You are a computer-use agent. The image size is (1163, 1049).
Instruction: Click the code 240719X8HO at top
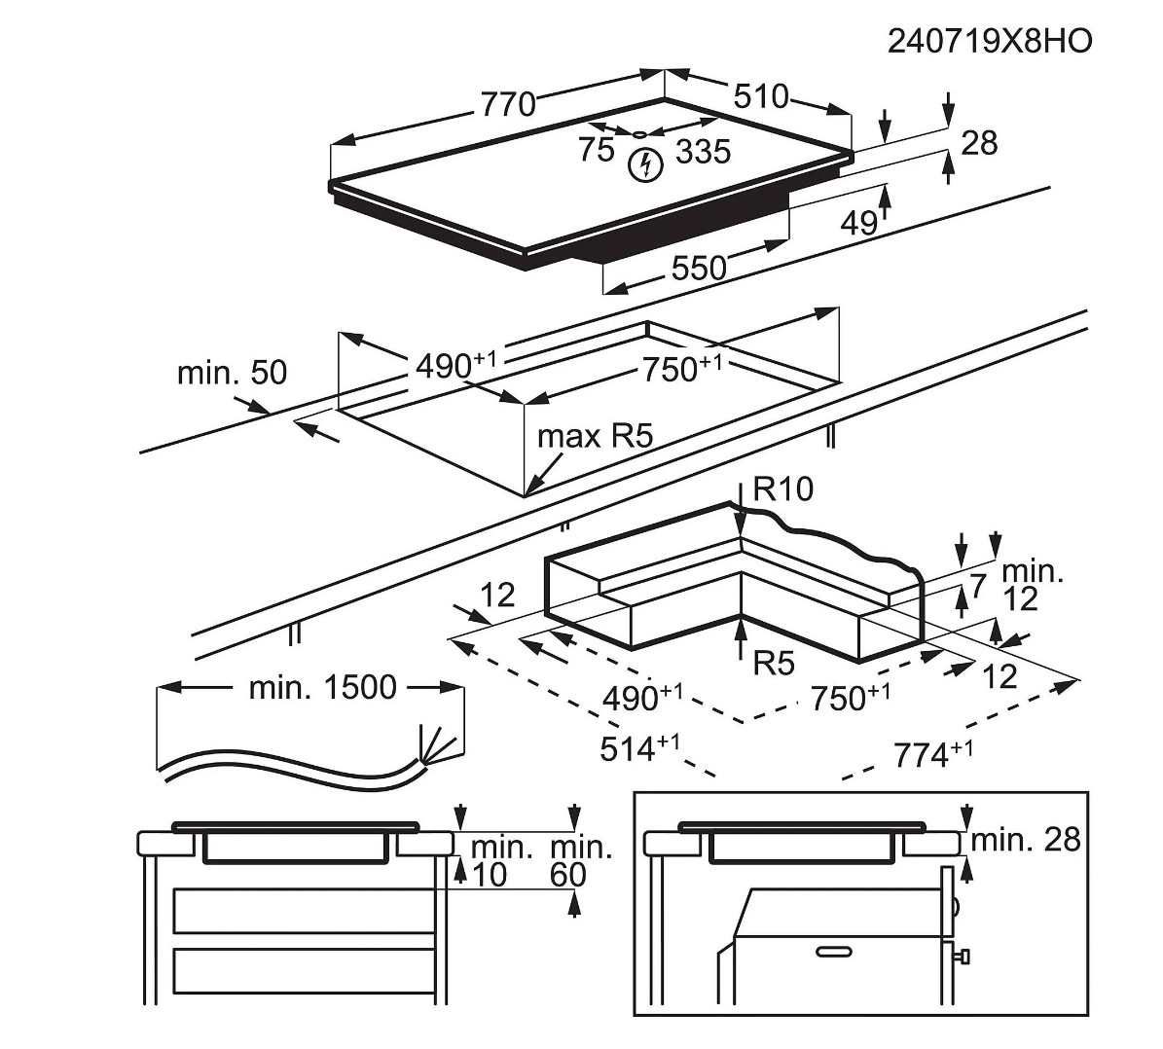pyautogui.click(x=989, y=41)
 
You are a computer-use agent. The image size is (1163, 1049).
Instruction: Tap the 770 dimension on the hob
pyautogui.click(x=507, y=103)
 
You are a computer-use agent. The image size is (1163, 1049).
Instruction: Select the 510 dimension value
pyautogui.click(x=760, y=96)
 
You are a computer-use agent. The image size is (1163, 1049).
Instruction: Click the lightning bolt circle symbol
pyautogui.click(x=643, y=165)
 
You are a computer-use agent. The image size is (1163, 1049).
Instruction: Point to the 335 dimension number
pyautogui.click(x=702, y=151)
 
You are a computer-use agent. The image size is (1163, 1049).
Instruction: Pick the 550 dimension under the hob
pyautogui.click(x=699, y=268)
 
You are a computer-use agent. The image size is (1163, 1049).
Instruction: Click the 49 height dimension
pyautogui.click(x=857, y=223)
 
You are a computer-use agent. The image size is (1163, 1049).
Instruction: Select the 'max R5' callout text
pyautogui.click(x=594, y=436)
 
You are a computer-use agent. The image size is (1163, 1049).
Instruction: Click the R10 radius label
pyautogui.click(x=783, y=488)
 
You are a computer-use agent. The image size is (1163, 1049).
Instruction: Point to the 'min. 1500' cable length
pyautogui.click(x=322, y=688)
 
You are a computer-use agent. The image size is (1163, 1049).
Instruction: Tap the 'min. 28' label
pyautogui.click(x=1026, y=839)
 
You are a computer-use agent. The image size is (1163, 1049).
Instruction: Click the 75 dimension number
pyautogui.click(x=596, y=150)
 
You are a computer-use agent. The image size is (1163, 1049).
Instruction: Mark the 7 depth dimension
pyautogui.click(x=978, y=586)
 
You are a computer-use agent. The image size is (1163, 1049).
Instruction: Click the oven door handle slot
pyautogui.click(x=834, y=950)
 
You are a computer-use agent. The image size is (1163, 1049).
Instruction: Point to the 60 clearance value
pyautogui.click(x=568, y=875)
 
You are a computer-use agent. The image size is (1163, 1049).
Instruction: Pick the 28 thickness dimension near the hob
pyautogui.click(x=979, y=143)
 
